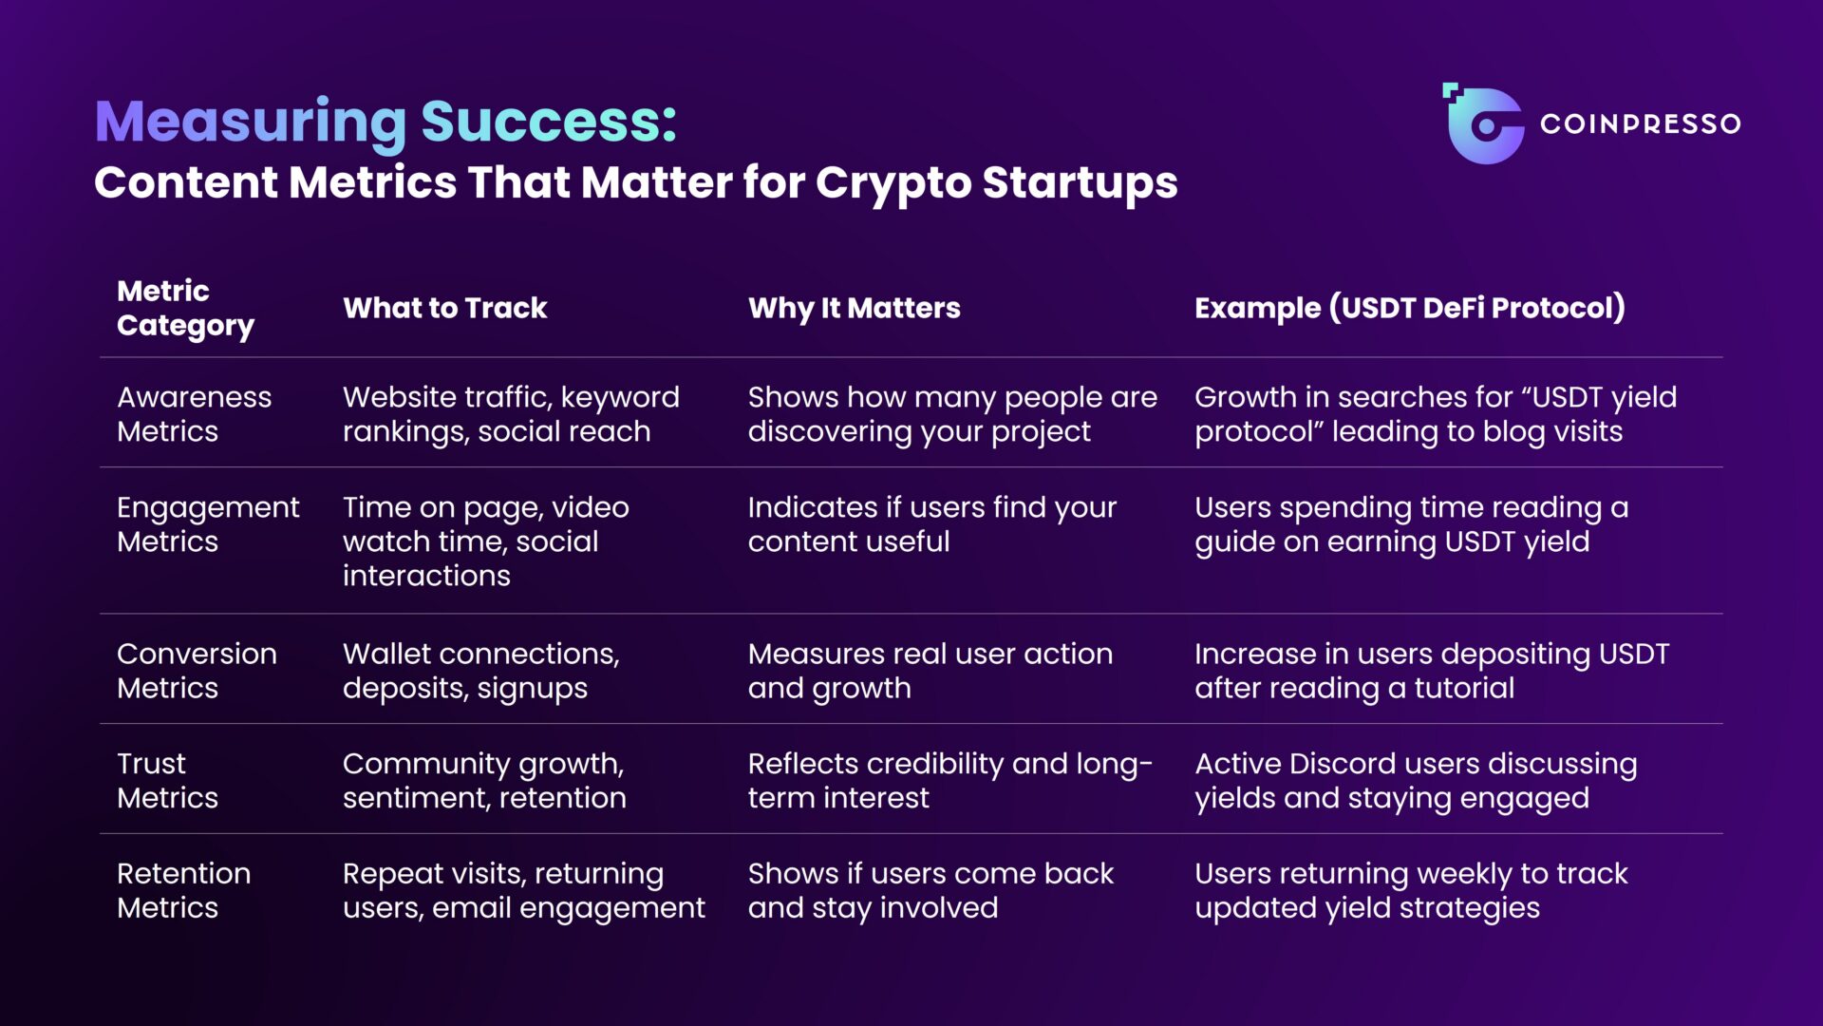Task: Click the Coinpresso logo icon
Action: [x=1484, y=124]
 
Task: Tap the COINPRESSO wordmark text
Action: [x=1640, y=124]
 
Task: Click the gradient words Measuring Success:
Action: [x=385, y=122]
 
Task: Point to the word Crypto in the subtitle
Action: [x=893, y=182]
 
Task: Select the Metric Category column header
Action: [x=185, y=308]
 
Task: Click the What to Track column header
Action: [x=444, y=308]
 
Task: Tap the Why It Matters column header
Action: [x=854, y=308]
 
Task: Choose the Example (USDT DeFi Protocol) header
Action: [x=1409, y=308]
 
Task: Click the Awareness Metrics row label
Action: [x=194, y=414]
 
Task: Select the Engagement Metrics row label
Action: [x=207, y=524]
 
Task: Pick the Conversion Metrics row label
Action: [x=197, y=671]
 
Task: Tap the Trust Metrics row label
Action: [x=167, y=781]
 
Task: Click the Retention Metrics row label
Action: [x=183, y=891]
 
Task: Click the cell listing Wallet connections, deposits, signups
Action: [x=480, y=671]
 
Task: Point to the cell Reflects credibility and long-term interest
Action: [x=949, y=781]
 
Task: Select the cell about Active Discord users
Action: [x=1415, y=781]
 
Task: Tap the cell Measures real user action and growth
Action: [x=930, y=671]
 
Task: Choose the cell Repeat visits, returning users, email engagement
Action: [x=523, y=891]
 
